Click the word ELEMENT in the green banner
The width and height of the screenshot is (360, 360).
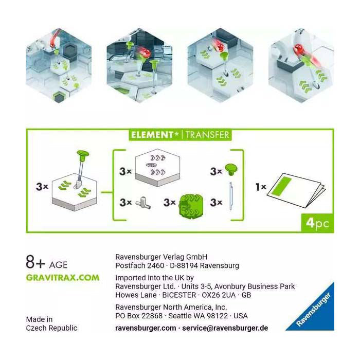[152, 135]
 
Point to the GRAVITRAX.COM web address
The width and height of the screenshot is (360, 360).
[63, 277]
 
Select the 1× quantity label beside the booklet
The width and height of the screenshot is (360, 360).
[261, 187]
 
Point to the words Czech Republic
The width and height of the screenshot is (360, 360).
[51, 328]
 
